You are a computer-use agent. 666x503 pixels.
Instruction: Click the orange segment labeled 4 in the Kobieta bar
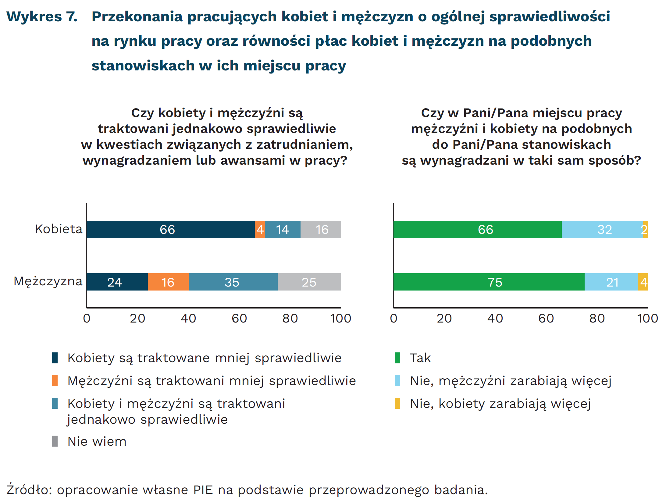click(x=260, y=229)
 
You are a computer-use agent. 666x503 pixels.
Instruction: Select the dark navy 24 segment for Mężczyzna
click(x=117, y=282)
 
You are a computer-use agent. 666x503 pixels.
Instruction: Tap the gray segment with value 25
click(x=309, y=282)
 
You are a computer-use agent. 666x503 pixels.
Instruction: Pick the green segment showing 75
click(x=489, y=282)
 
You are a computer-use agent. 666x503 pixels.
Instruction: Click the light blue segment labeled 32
click(x=602, y=229)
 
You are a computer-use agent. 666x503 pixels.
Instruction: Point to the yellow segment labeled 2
click(x=645, y=229)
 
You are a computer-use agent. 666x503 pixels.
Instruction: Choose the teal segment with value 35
click(x=233, y=282)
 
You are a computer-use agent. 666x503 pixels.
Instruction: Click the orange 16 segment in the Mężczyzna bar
click(x=168, y=282)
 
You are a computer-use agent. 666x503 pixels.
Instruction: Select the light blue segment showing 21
click(x=611, y=282)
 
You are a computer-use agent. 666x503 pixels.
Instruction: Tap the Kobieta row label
click(x=59, y=229)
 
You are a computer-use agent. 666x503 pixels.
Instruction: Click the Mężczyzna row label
click(x=48, y=281)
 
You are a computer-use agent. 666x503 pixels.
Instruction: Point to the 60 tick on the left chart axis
click(x=239, y=318)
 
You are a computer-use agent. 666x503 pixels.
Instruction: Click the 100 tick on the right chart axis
click(x=647, y=318)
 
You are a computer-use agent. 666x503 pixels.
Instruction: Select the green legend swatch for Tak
click(x=397, y=358)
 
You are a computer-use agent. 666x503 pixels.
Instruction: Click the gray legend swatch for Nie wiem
click(x=55, y=441)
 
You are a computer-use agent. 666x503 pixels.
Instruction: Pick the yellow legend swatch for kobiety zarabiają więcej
click(x=397, y=403)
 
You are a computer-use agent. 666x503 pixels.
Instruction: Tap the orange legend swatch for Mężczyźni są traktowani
click(x=55, y=380)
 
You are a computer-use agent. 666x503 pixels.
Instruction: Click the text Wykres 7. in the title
click(x=42, y=16)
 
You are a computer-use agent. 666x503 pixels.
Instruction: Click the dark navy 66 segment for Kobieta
click(x=171, y=229)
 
